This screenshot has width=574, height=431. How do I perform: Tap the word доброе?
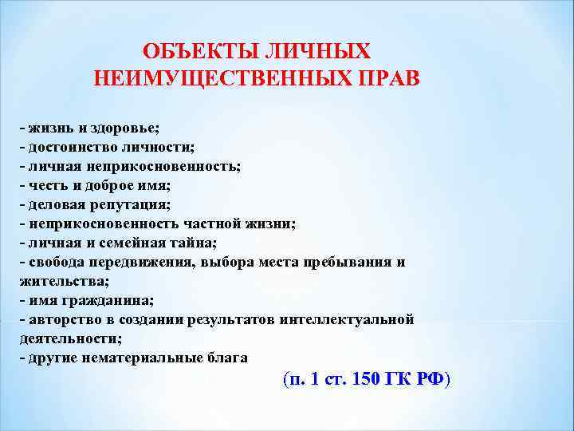coord(106,185)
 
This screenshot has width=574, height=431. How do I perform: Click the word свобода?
coord(59,263)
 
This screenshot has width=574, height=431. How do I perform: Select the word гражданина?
coord(108,301)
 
